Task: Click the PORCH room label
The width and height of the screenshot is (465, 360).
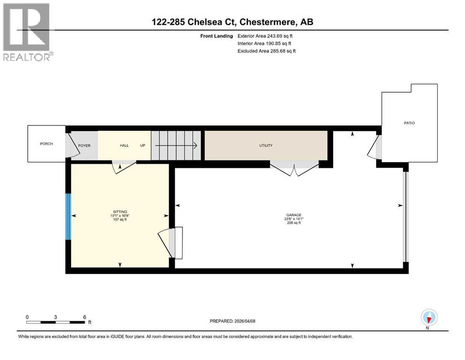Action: coord(46,143)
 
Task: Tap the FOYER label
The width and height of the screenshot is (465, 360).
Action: coord(84,145)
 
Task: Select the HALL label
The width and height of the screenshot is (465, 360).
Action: coord(124,145)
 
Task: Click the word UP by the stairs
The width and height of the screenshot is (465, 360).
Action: coord(142,145)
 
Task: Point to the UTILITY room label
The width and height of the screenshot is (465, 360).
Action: coord(266,145)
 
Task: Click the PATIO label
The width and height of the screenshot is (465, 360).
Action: coord(409,123)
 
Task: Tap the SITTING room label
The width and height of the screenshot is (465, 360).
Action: coord(120,211)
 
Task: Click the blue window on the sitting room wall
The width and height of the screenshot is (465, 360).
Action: coord(68,216)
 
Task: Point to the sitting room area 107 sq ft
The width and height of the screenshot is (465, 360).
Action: coord(120,219)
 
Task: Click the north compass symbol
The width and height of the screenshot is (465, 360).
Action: coord(429,317)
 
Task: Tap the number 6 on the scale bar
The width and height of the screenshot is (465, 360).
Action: coord(84,317)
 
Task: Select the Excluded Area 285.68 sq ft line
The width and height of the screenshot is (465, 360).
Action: coord(266,51)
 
